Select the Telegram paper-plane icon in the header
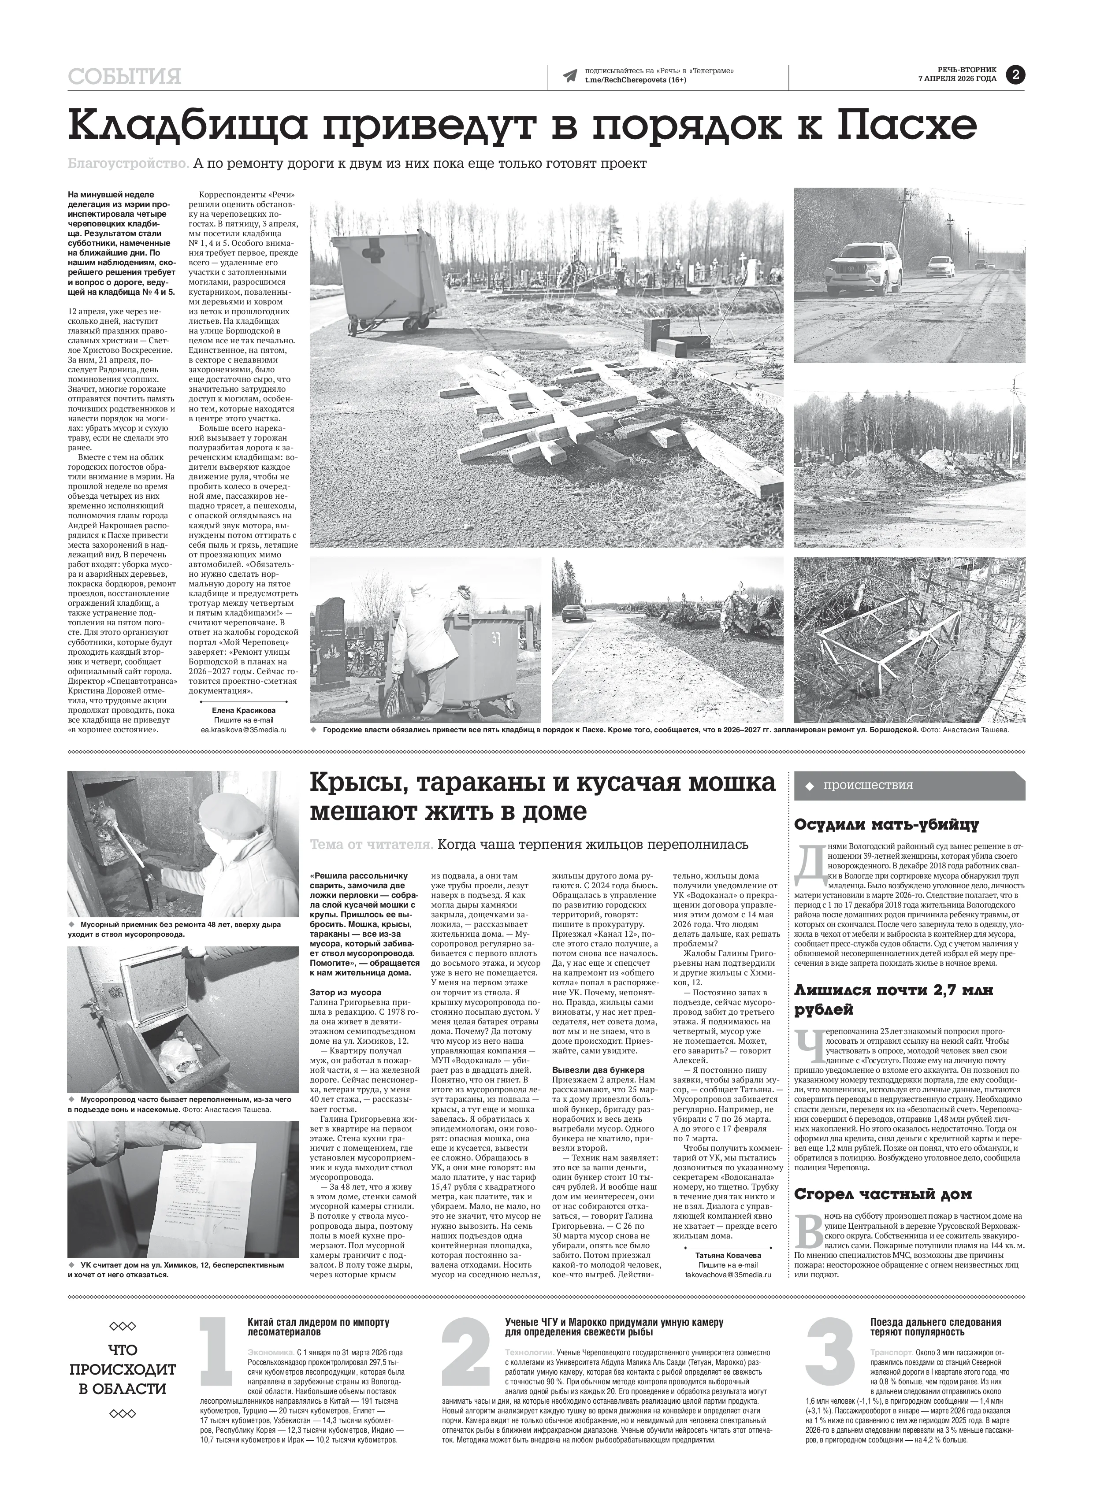(570, 76)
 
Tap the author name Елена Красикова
(244, 710)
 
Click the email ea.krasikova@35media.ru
(244, 730)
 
